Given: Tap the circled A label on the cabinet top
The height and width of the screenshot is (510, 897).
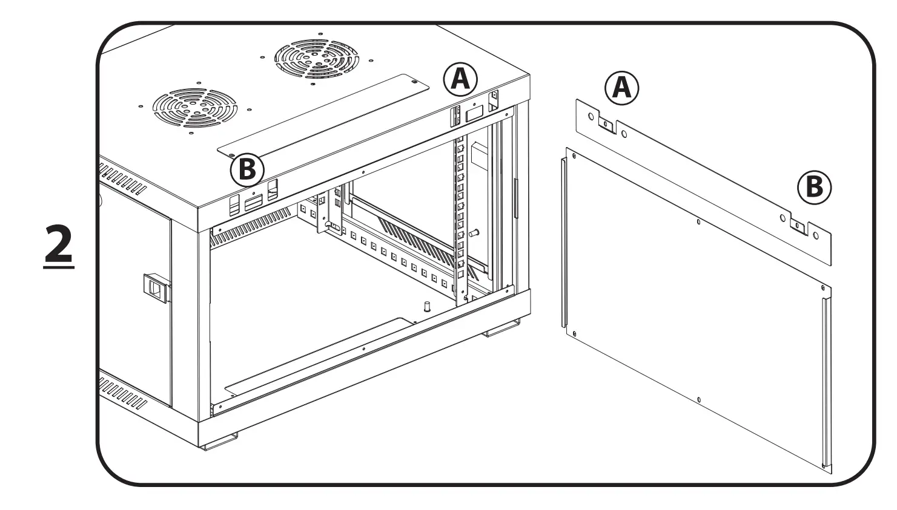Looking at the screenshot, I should point(460,79).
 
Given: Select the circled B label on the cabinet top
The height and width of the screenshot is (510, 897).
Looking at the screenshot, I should point(247,170).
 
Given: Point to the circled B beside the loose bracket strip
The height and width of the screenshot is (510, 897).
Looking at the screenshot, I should point(814,188).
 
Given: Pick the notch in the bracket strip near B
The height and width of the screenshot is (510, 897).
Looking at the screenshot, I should point(799,227).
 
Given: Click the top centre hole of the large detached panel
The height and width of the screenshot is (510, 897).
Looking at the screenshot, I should point(698,222).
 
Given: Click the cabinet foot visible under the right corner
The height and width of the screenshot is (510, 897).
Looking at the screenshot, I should point(501,330).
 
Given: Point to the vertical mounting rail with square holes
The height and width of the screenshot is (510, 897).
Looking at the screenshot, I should point(461,218).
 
